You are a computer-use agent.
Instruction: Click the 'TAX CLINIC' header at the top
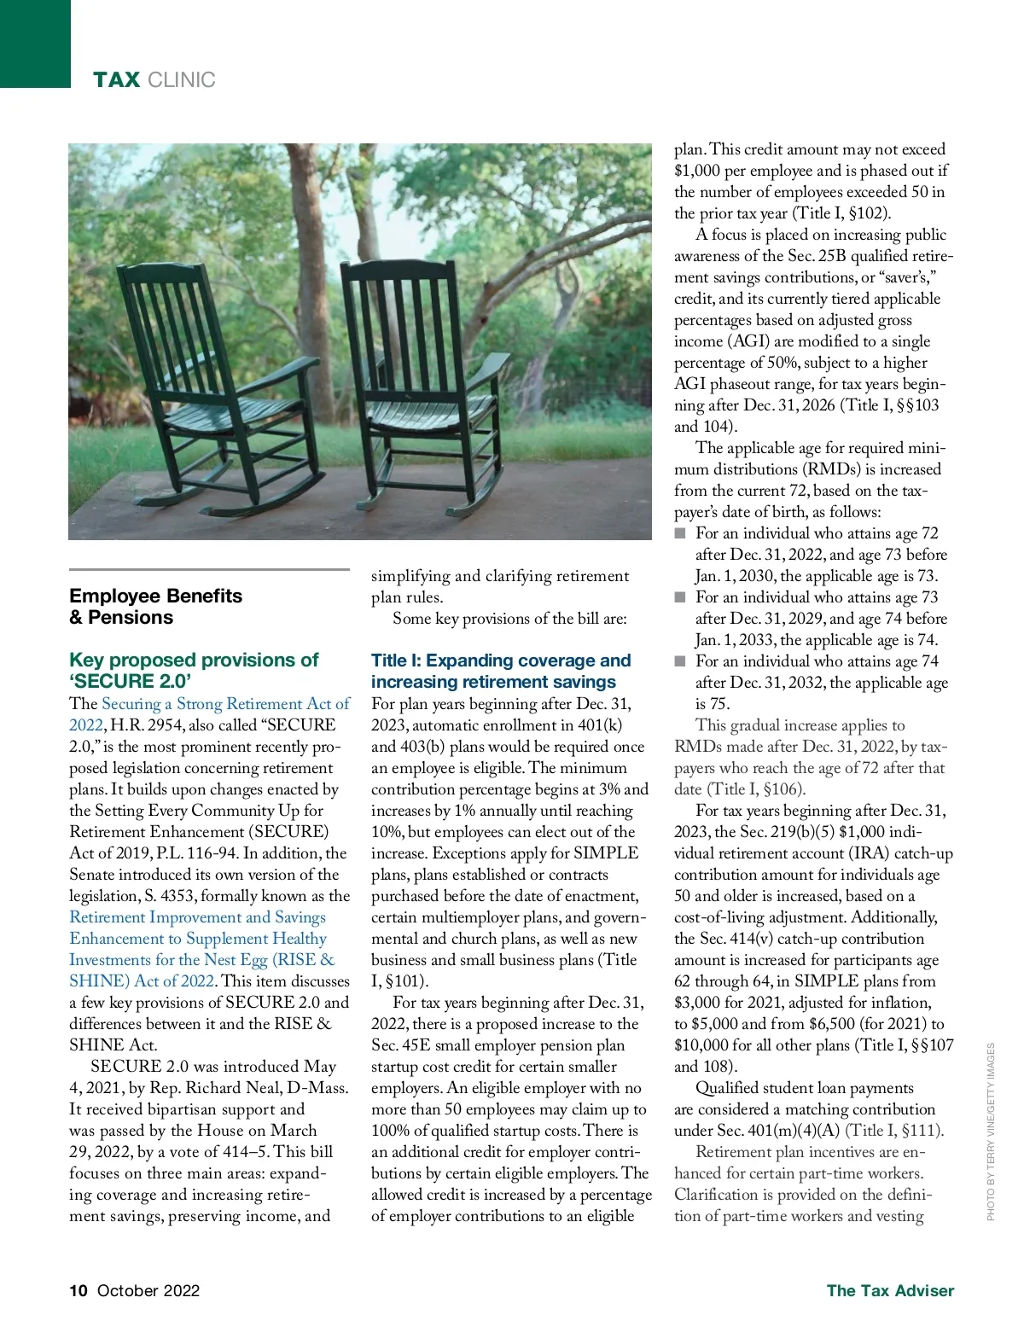point(154,80)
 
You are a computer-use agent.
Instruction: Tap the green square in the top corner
point(35,43)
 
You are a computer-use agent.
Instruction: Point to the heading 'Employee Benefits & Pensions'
point(155,607)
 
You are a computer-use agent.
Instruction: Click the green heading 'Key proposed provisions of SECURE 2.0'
point(193,670)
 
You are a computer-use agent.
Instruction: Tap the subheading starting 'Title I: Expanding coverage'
point(500,671)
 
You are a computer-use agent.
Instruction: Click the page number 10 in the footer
point(79,1290)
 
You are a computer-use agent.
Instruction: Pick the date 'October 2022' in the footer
point(148,1290)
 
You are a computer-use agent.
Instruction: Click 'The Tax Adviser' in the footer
point(890,1290)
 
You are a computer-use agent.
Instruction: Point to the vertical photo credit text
point(991,1132)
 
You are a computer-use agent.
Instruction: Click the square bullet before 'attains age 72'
point(680,533)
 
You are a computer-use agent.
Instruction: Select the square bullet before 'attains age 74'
point(680,661)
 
